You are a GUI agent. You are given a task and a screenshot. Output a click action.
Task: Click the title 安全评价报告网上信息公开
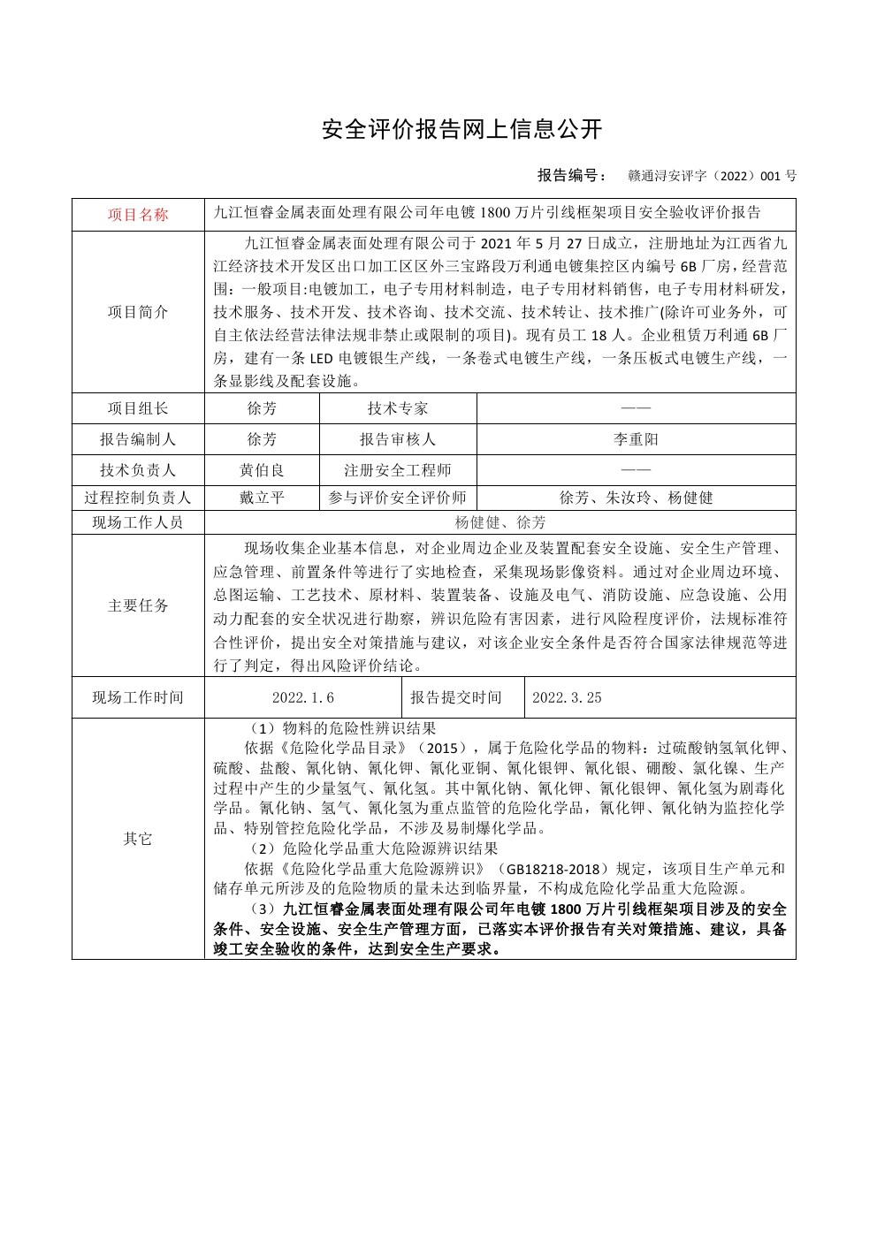[461, 130]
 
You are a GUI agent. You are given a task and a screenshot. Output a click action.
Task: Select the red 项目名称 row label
[138, 215]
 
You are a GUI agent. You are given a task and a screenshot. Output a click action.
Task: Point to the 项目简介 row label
[138, 312]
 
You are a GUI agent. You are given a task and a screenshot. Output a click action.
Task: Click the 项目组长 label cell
[138, 408]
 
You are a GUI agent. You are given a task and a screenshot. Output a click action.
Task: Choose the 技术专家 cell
[398, 408]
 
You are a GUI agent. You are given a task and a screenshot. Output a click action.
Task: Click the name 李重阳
[636, 439]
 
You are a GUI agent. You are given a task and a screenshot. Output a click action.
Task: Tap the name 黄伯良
[262, 470]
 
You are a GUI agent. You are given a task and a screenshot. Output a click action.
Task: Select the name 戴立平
[262, 498]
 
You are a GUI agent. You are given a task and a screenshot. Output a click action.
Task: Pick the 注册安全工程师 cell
[398, 470]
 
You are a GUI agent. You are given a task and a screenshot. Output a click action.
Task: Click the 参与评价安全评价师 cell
[398, 498]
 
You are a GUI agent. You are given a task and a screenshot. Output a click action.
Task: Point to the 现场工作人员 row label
[138, 522]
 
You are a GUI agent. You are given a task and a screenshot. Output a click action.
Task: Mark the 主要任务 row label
[138, 606]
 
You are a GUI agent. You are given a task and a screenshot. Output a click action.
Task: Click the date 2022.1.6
[303, 697]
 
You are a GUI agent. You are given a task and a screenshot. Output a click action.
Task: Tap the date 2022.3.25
[567, 697]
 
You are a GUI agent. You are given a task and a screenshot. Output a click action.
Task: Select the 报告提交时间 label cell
[456, 697]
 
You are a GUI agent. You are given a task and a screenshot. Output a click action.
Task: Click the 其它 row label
[138, 839]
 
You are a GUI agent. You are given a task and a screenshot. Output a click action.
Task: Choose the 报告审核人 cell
[398, 439]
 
